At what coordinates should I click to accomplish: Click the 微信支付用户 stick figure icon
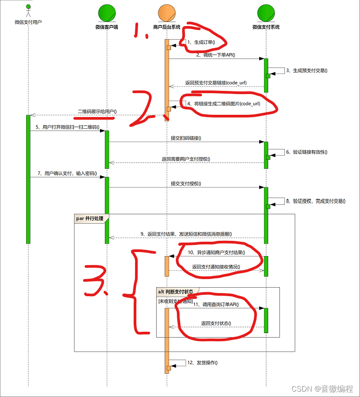coord(28,11)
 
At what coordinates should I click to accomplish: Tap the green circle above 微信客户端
coord(107,13)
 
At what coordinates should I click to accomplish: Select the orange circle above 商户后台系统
coord(167,13)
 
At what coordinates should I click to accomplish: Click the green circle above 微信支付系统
coord(266,13)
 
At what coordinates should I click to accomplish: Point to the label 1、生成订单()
coord(201,42)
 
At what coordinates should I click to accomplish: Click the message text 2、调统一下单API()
coord(216,55)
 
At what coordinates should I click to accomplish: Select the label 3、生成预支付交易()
coord(310,70)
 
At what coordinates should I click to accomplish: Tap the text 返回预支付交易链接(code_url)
coord(216,83)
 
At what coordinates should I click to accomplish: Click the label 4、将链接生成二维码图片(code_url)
coord(224,104)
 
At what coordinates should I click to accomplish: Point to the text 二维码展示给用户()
coord(97,111)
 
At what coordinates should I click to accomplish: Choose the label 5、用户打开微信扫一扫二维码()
coord(67,127)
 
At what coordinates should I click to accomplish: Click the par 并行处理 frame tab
coord(90,218)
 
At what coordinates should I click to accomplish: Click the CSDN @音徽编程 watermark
coord(322,388)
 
